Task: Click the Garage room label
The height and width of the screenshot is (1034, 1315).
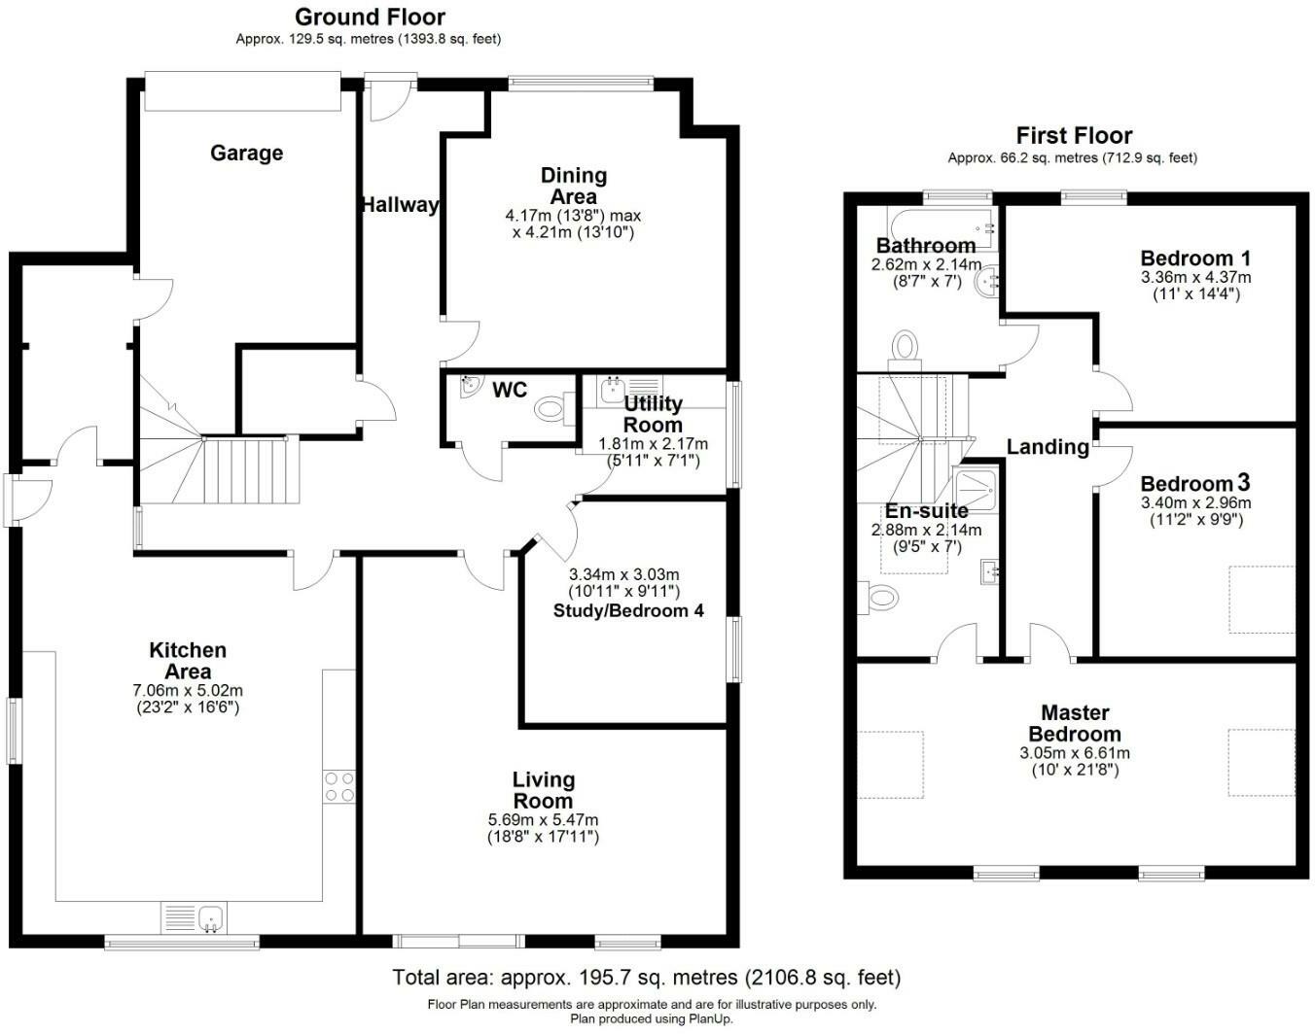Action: click(x=246, y=153)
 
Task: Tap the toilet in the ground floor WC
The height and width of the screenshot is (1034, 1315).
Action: click(x=554, y=408)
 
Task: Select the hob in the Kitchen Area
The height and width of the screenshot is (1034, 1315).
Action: click(x=339, y=786)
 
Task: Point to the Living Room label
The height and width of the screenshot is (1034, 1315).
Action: click(x=544, y=790)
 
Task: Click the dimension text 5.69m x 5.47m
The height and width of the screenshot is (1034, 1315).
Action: click(x=544, y=819)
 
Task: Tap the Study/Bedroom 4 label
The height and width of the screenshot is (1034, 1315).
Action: click(x=628, y=610)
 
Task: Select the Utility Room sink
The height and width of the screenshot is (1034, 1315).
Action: click(x=613, y=390)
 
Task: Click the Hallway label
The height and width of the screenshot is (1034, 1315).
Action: click(x=401, y=205)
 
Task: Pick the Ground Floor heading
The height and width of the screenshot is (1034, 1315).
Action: click(x=370, y=17)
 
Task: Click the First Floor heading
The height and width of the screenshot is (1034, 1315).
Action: click(x=1074, y=135)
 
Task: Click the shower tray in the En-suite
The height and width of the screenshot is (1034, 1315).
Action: click(x=976, y=490)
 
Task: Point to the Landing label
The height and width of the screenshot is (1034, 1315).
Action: click(x=1048, y=447)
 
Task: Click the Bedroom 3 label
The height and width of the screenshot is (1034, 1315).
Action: click(x=1195, y=484)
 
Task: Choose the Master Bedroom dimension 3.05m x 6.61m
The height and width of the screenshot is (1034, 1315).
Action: click(x=1074, y=753)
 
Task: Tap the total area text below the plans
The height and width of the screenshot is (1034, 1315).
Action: click(x=647, y=978)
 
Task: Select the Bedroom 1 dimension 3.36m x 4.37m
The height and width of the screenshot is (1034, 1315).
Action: click(x=1195, y=277)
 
